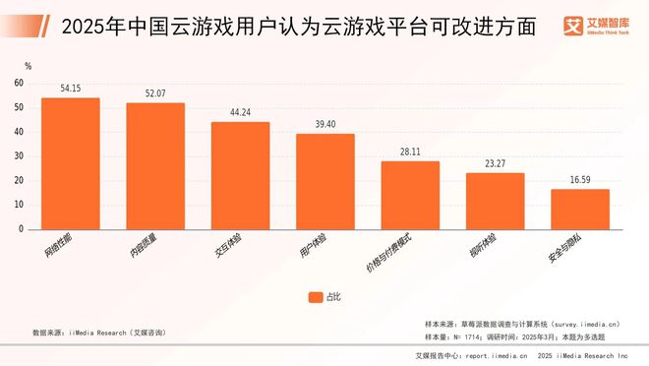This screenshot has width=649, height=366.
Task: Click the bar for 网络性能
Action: (x=70, y=163)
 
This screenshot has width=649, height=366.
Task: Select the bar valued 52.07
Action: (x=155, y=165)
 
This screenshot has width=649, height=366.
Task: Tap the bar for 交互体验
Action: (x=240, y=175)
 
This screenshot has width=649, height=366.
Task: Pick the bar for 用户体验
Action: (x=324, y=181)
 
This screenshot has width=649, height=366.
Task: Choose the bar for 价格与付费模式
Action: (x=410, y=195)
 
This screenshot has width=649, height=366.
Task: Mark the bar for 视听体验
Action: (x=495, y=201)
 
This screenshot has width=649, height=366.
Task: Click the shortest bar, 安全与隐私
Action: (x=579, y=209)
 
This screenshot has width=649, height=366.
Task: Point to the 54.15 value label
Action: (x=70, y=89)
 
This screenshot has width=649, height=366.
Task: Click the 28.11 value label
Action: (x=410, y=152)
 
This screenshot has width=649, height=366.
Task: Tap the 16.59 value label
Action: (x=579, y=179)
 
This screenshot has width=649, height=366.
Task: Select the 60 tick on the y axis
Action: (x=20, y=84)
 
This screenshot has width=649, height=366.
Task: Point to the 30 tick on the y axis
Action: (x=20, y=156)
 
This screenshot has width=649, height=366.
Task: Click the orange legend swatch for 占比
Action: (x=315, y=296)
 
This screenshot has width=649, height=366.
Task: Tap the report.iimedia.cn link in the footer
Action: (x=503, y=356)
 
